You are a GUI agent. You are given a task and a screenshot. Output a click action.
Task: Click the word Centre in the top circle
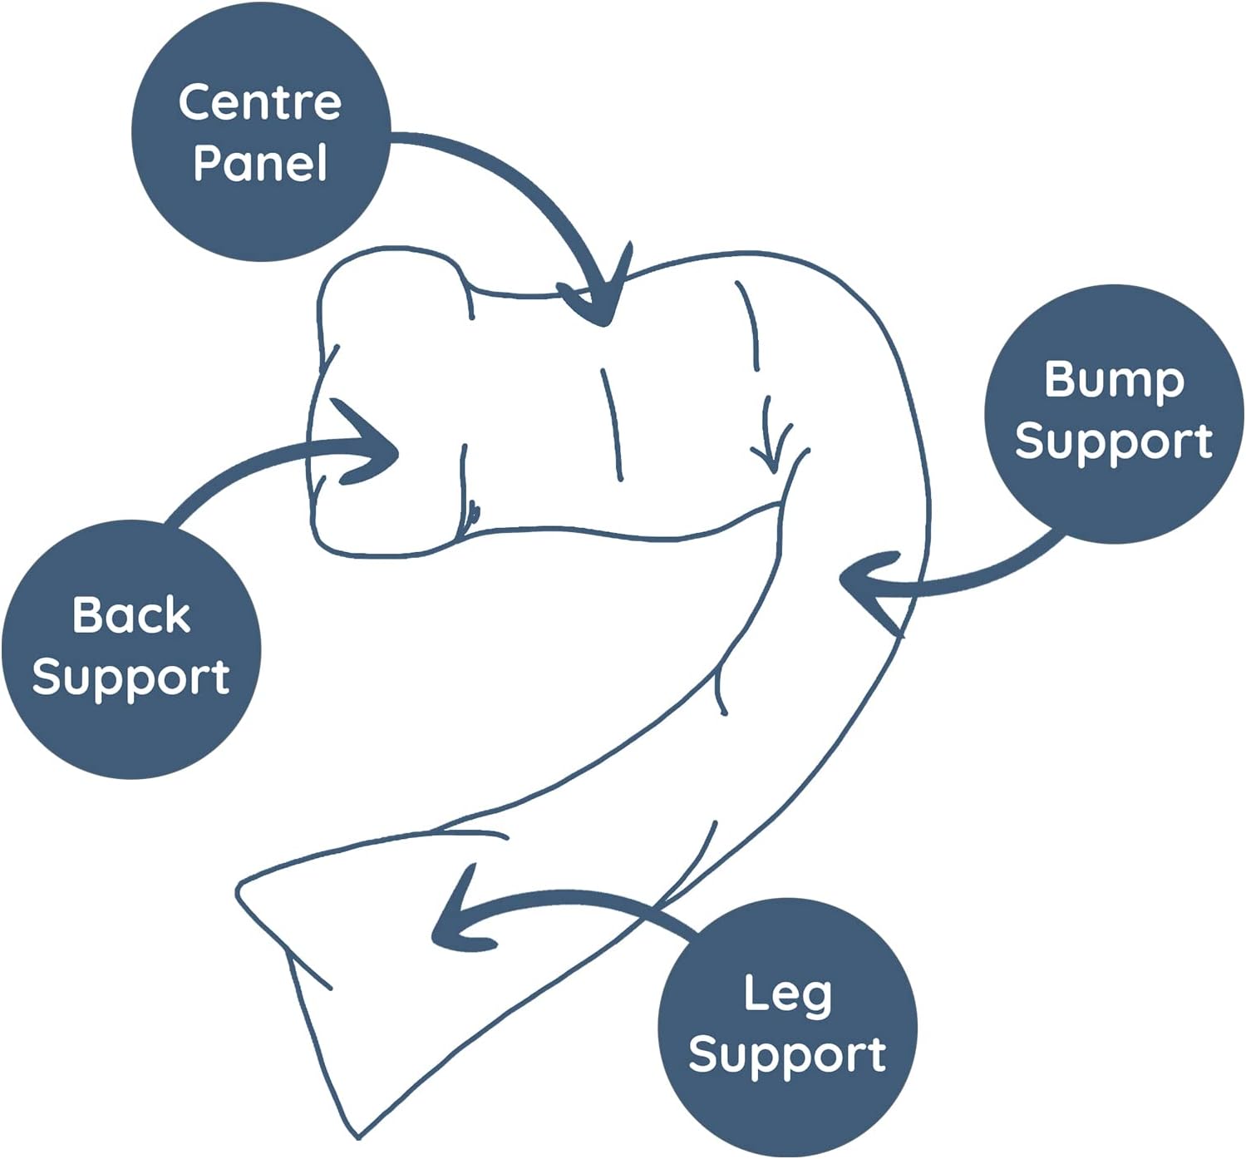[x=259, y=101]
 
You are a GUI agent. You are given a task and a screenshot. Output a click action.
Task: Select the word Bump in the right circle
[x=1114, y=381]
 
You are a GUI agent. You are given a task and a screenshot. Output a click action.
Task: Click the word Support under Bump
[x=1114, y=441]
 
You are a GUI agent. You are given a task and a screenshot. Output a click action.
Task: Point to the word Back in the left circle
[x=131, y=615]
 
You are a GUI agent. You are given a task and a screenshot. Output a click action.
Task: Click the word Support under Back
[x=131, y=677]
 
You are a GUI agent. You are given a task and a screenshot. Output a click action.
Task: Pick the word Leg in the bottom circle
[x=787, y=994]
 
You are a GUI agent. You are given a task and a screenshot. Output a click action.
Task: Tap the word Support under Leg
[x=787, y=1055]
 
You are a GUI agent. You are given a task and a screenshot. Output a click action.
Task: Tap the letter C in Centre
[x=195, y=101]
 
